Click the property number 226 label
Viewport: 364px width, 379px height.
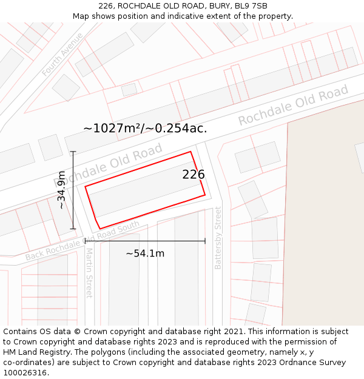tap(194, 175)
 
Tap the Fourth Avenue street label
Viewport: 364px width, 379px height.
tap(62, 54)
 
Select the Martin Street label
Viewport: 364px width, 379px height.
tap(89, 272)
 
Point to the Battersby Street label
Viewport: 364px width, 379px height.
tap(218, 238)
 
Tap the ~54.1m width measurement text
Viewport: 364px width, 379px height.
tap(145, 253)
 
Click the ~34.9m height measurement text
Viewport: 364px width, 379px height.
tap(61, 190)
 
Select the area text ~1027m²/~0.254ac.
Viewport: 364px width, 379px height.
tap(145, 128)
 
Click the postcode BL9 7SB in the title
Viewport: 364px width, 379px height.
tap(251, 6)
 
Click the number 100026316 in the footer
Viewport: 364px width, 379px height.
tap(24, 373)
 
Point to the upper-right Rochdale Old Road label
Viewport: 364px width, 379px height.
tap(293, 107)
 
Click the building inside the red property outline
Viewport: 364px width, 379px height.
tap(143, 189)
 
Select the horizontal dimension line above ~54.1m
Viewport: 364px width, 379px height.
tap(145, 241)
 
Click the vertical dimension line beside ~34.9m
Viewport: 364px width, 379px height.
tap(73, 190)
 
